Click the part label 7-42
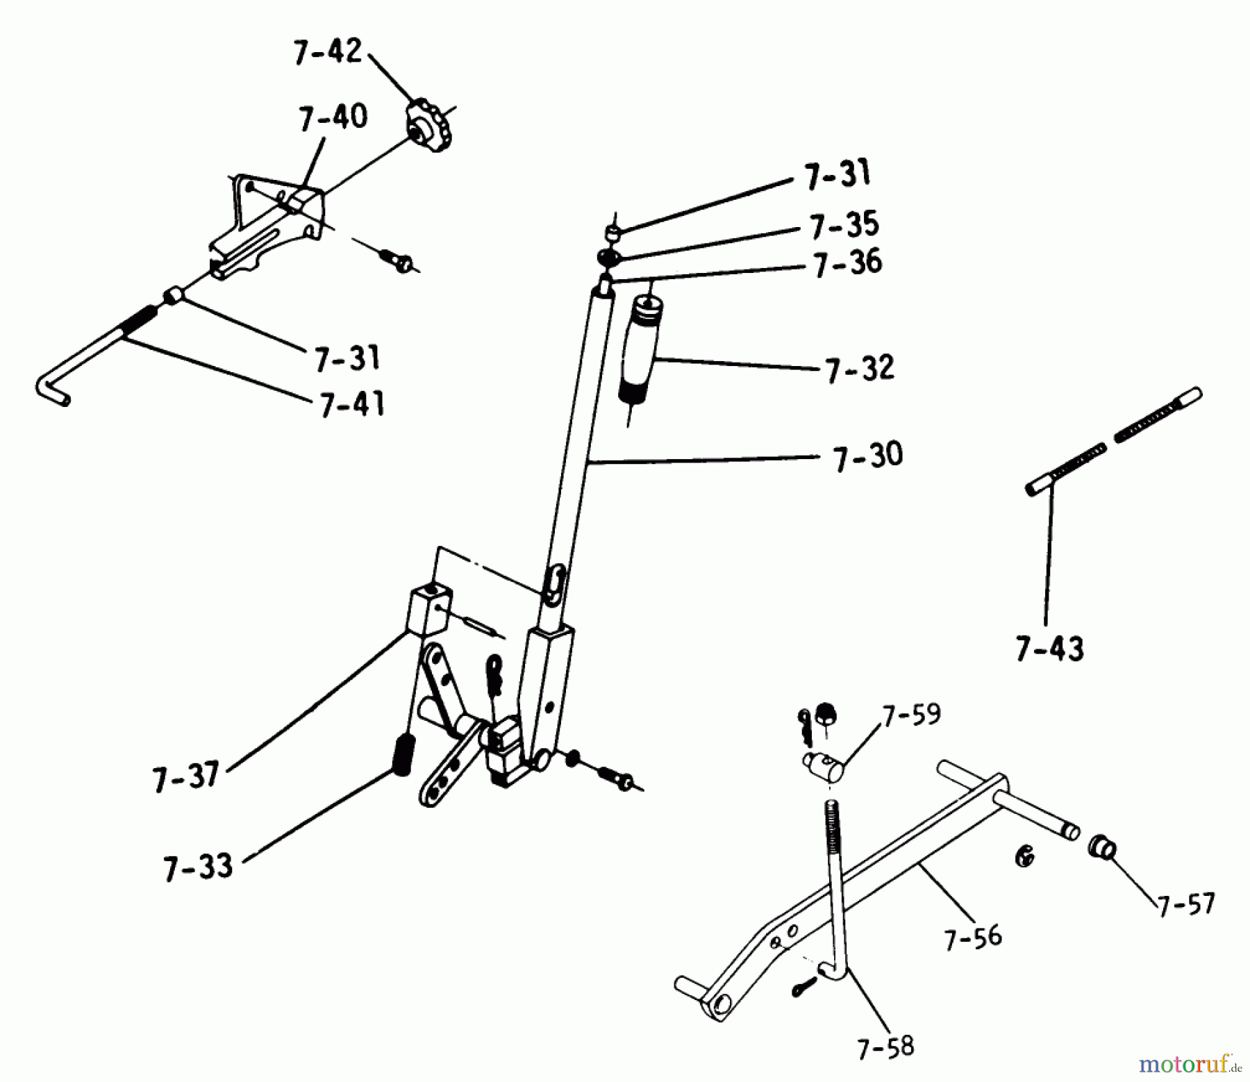coord(328,52)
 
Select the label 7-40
coord(333,117)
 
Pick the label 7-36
coord(847,263)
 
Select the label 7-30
coord(868,456)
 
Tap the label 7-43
coord(1049,649)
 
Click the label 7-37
coord(186,775)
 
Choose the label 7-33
coord(198,867)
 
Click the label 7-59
coord(911,714)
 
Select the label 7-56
coord(973,937)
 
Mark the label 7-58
coord(885,1047)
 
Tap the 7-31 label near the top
coord(837,174)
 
